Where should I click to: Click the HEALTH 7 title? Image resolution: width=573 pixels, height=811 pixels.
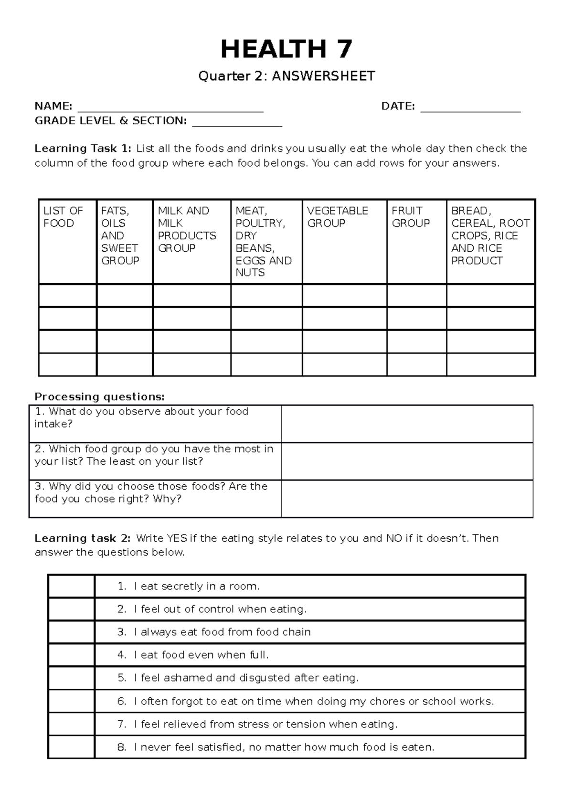pos(286,49)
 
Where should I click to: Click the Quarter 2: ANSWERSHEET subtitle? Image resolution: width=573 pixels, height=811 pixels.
pos(286,76)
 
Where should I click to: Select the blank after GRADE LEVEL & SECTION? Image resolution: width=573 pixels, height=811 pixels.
pos(237,122)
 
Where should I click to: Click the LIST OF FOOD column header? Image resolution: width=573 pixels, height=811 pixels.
pos(63,217)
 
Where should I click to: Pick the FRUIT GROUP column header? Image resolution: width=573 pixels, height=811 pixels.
pos(411,217)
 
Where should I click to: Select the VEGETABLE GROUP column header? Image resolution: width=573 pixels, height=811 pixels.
pos(338,217)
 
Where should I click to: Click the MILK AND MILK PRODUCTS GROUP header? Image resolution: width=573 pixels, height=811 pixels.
pos(187,229)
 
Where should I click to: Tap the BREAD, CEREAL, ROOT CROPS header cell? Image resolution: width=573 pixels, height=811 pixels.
pos(490,235)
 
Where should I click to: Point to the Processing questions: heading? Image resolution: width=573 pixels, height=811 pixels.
pos(99,397)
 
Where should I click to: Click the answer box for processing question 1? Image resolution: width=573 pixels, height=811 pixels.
pos(407,424)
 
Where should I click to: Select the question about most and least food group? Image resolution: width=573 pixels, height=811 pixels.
pos(154,455)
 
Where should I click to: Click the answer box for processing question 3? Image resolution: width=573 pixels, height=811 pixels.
pos(407,499)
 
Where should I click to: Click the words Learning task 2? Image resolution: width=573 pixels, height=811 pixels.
pos(82,538)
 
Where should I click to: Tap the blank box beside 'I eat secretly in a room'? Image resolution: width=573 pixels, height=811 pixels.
pos(71,586)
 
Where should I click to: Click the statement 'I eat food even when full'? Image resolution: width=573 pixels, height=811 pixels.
pos(201,655)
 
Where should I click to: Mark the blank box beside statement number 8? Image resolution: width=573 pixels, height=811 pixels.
pos(71,747)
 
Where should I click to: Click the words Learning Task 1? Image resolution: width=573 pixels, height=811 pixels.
pos(82,149)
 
